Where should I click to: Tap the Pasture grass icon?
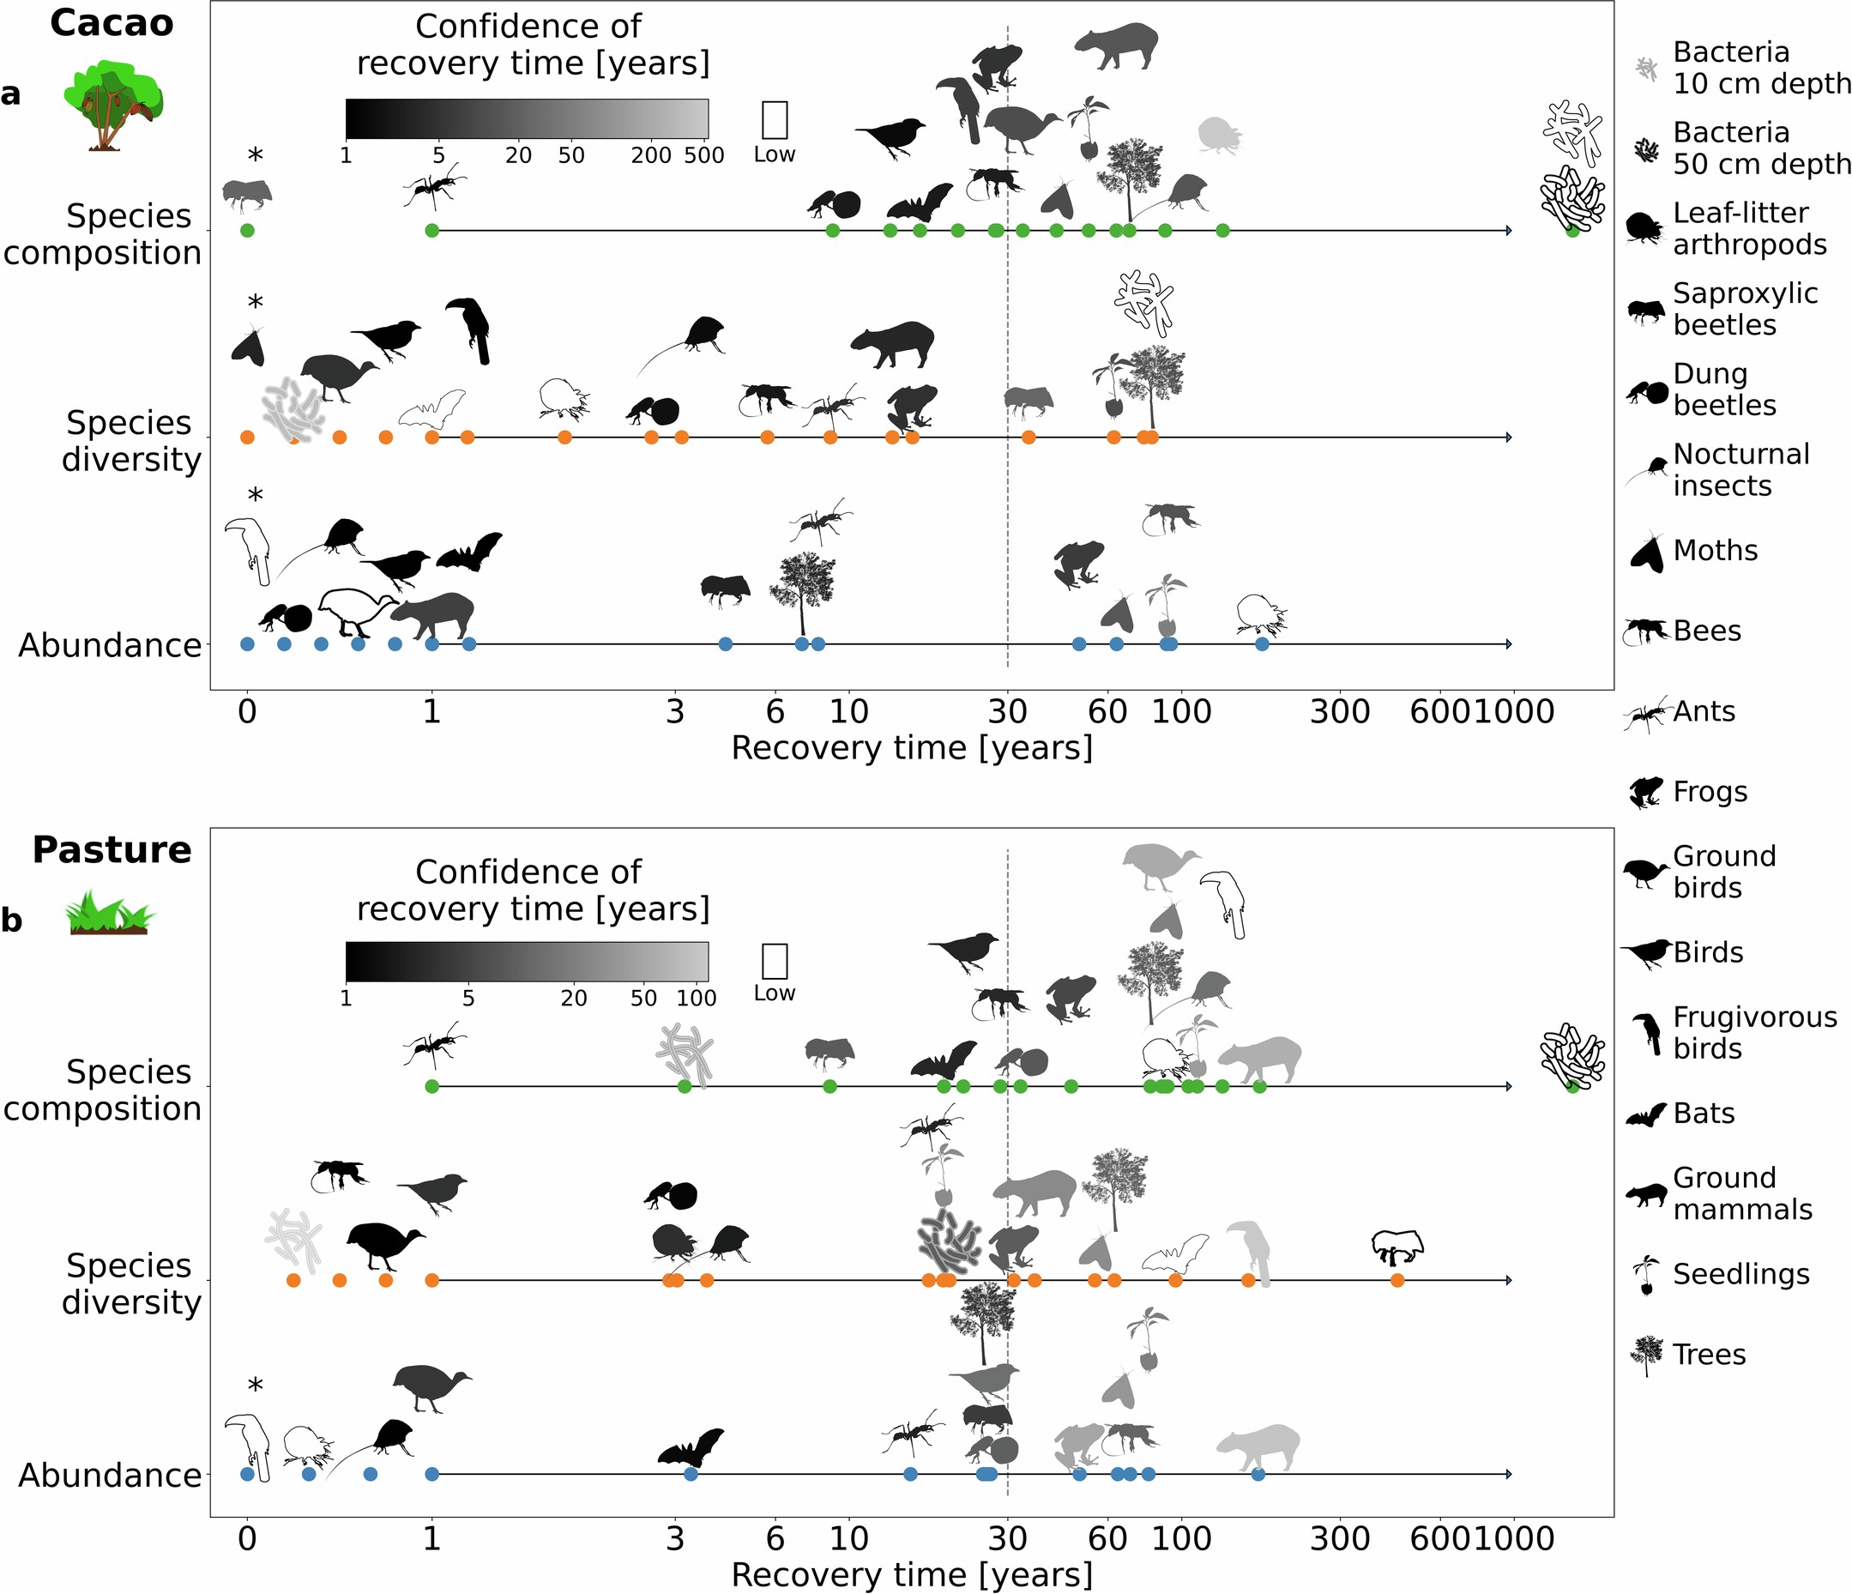[110, 913]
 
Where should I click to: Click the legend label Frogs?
[1710, 792]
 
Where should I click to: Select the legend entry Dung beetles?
[1724, 389]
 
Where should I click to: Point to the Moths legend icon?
[1645, 552]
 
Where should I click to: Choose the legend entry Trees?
[1709, 1355]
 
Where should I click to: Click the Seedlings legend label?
[1740, 1274]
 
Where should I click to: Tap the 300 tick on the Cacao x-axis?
[1340, 713]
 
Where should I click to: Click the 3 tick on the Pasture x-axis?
[675, 1538]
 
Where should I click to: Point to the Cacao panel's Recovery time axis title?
[912, 748]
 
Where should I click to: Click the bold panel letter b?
[12, 920]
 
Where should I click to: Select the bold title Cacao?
[112, 23]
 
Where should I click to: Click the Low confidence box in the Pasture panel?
[774, 961]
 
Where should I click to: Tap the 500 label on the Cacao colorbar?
[704, 155]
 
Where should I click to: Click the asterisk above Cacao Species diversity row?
[255, 303]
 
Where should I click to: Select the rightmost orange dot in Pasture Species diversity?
[1397, 1280]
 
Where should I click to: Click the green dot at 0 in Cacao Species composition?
[248, 231]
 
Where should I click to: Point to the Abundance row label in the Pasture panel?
[110, 1475]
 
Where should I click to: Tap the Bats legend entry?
[1704, 1114]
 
